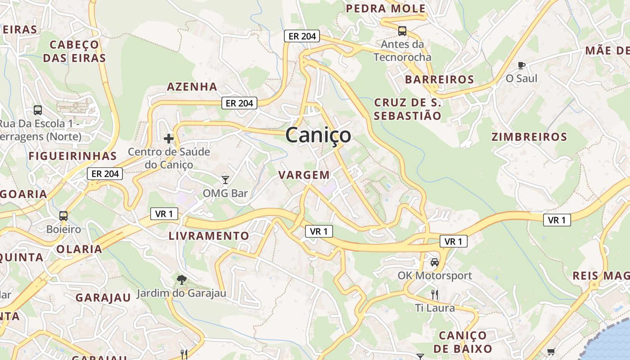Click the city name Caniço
318,135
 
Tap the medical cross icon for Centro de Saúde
169,139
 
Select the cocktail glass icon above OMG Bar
225,180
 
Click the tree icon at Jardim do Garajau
181,280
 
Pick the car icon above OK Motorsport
435,262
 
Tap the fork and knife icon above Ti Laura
435,295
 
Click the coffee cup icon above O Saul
522,66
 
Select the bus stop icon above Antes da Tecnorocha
402,31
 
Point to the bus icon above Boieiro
63,216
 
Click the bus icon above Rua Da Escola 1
38,110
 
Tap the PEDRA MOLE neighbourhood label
386,9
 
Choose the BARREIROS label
439,80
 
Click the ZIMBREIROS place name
529,137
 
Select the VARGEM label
304,175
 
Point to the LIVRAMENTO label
208,236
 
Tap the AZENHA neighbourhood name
192,86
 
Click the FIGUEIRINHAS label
72,156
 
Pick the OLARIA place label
79,249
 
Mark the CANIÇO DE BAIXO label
463,342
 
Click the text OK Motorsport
435,275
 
